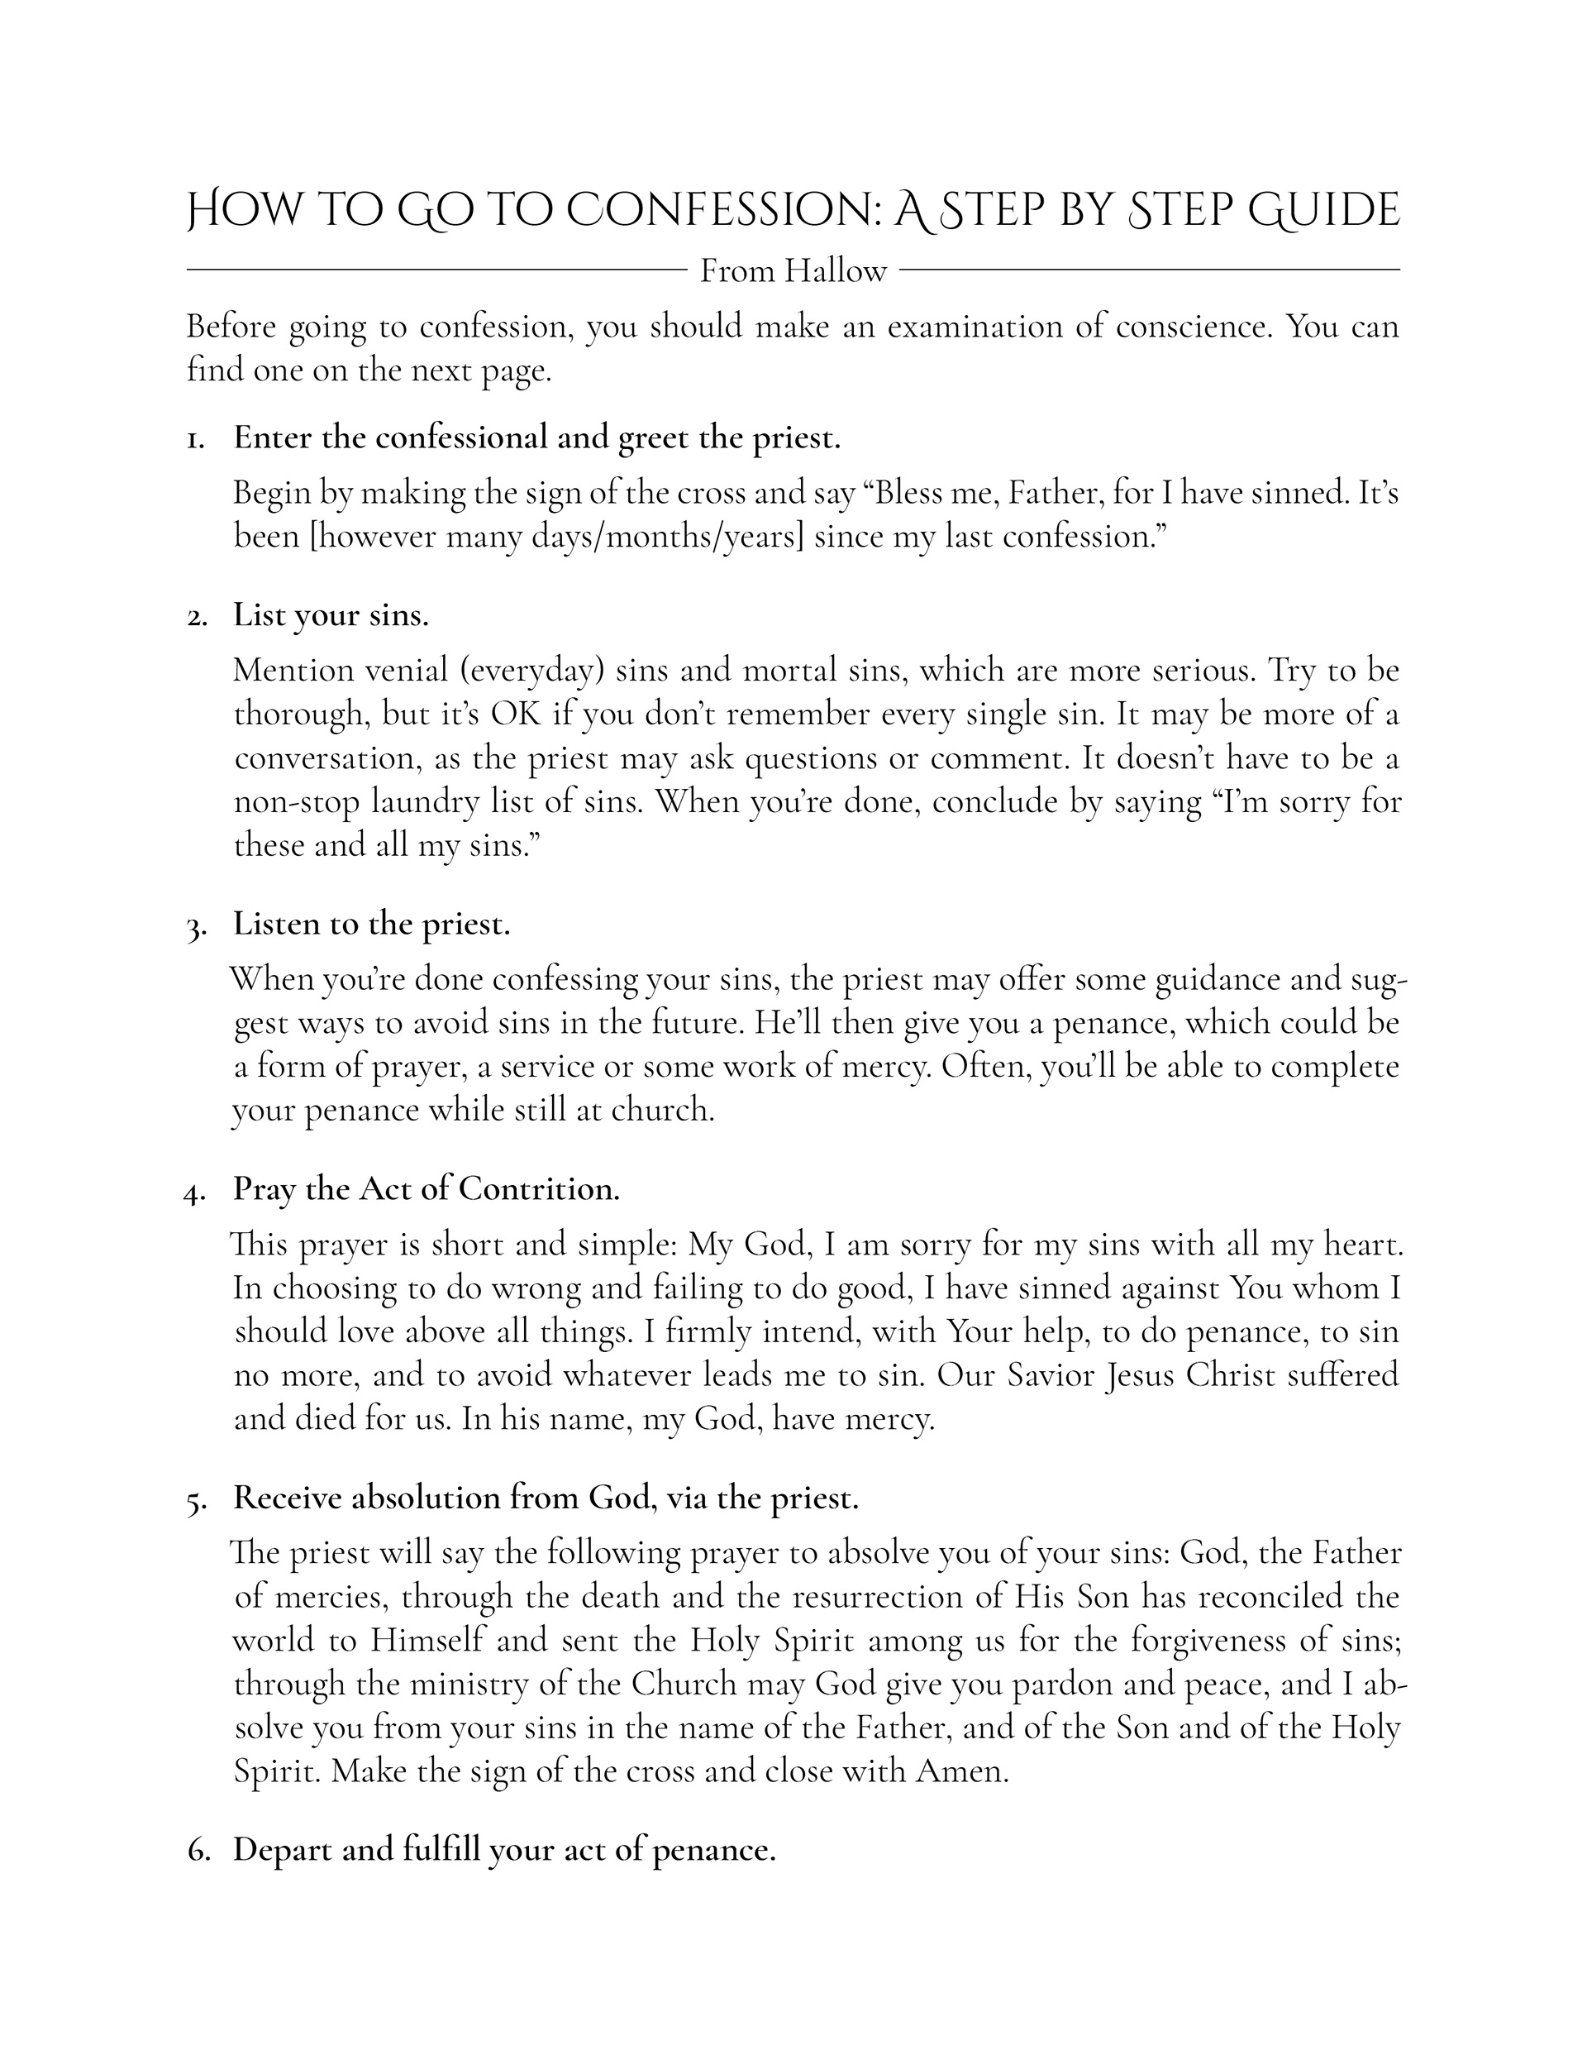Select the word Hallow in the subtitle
tap(836, 272)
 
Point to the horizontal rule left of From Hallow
tap(436, 271)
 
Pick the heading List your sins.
tap(331, 615)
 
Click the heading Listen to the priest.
tap(372, 924)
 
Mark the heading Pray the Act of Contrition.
tap(427, 1189)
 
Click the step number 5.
tap(195, 1500)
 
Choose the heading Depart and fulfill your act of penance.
tap(504, 1850)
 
